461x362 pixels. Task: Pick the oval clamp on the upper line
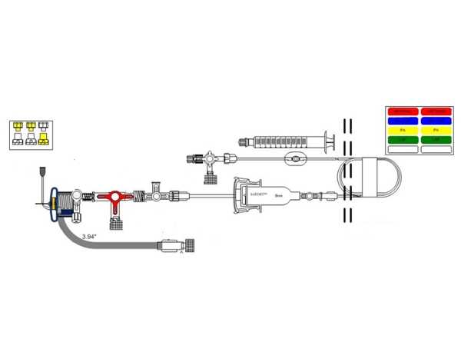tap(295, 161)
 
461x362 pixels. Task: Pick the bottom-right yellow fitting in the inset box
tap(43, 139)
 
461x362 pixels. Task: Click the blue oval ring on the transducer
tap(55, 204)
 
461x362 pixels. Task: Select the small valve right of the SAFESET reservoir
tap(310, 197)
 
